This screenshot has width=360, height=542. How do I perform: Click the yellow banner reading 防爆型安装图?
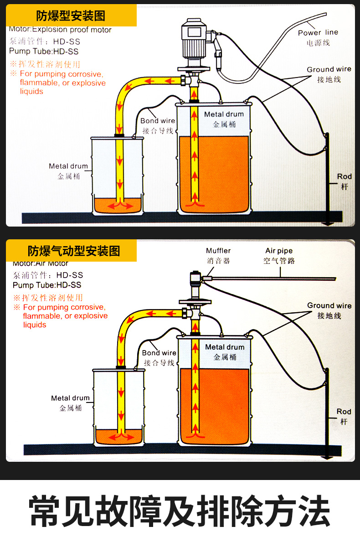click(71, 16)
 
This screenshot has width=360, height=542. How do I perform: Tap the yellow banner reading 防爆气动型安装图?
click(74, 251)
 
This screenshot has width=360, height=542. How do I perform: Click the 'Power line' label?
click(318, 33)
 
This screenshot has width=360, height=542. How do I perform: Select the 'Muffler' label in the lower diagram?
click(218, 251)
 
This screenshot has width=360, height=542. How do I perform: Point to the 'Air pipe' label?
click(279, 251)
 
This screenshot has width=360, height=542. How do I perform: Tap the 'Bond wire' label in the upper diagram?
click(158, 121)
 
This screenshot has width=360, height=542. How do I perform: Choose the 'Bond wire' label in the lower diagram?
click(159, 353)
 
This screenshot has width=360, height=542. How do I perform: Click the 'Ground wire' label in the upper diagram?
click(329, 69)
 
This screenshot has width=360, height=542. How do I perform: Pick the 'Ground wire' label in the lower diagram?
click(329, 305)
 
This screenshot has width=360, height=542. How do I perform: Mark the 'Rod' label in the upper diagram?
click(345, 176)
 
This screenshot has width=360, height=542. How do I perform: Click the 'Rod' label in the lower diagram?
click(344, 412)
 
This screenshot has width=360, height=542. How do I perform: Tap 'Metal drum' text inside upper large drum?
click(224, 114)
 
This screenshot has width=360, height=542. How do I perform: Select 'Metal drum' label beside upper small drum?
click(68, 166)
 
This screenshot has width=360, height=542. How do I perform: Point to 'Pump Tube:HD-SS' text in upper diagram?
click(44, 52)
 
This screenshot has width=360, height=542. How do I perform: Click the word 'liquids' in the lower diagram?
click(35, 325)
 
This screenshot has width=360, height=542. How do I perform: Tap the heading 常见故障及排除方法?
click(180, 512)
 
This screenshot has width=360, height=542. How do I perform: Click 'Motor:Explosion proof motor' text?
click(60, 30)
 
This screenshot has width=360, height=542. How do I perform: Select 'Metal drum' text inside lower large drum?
click(225, 347)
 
